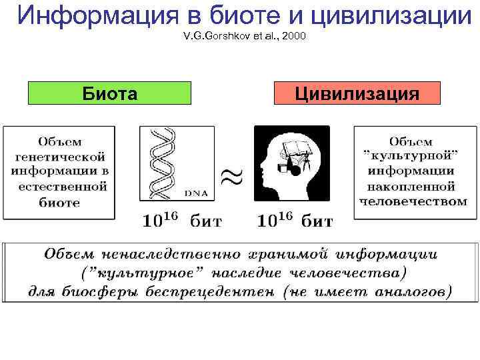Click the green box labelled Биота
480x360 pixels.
tap(109, 93)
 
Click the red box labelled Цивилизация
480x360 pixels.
tap(357, 93)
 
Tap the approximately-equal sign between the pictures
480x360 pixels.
tap(231, 179)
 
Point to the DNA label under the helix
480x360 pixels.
tap(195, 193)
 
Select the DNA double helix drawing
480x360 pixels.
tap(164, 163)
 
